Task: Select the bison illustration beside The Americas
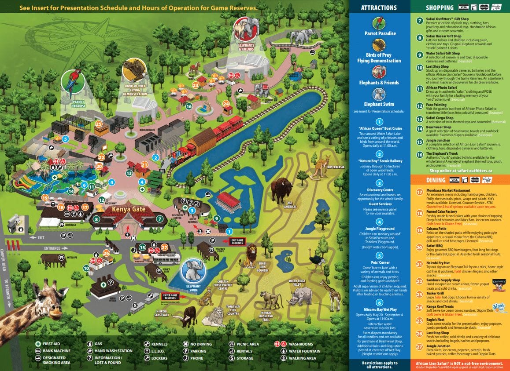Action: pos(281,189)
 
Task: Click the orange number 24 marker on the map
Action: pos(226,104)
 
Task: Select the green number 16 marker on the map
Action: pos(188,106)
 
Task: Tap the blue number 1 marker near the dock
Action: pos(229,230)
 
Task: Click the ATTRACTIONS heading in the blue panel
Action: pos(378,7)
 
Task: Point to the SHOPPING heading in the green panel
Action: pos(439,7)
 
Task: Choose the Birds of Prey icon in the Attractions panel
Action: pos(379,45)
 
